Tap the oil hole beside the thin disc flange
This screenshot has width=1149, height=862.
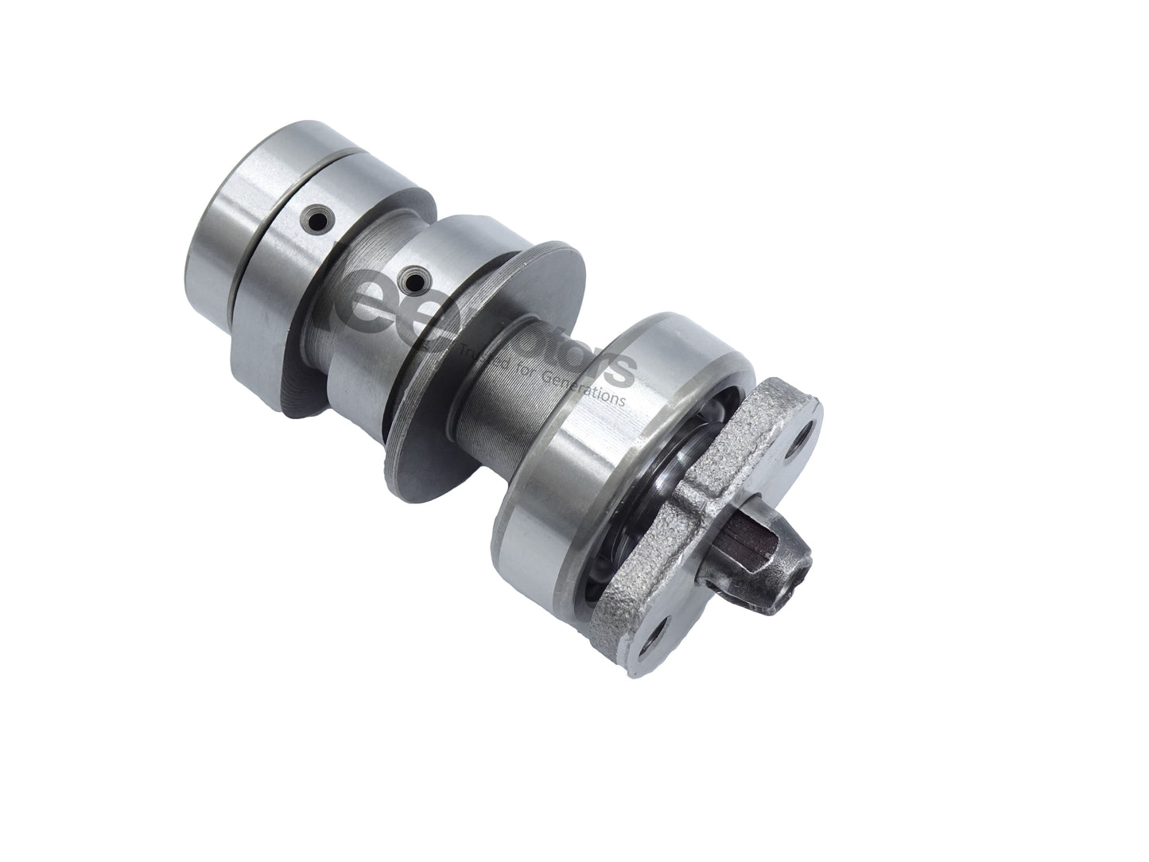(x=413, y=278)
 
